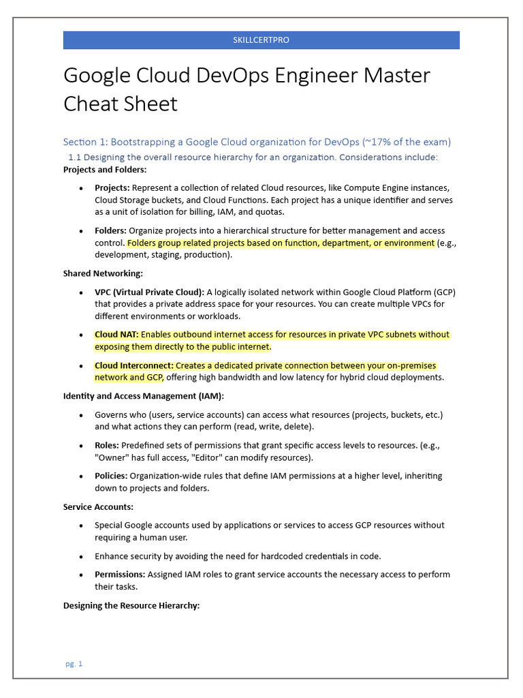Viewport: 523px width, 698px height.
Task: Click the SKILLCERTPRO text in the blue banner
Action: tap(261, 40)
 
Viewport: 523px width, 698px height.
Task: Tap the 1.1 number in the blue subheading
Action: tap(75, 157)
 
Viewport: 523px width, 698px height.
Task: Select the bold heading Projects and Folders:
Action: tap(105, 170)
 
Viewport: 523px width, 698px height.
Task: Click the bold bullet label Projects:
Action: tap(112, 187)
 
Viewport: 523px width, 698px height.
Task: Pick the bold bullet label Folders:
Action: tap(110, 230)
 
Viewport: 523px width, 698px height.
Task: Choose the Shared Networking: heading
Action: tap(103, 273)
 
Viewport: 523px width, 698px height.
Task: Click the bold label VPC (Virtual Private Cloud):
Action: tap(149, 292)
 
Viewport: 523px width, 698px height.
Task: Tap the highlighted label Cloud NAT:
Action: tap(116, 335)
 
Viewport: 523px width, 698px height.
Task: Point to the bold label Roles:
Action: tap(107, 445)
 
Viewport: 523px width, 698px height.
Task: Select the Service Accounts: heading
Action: tap(98, 507)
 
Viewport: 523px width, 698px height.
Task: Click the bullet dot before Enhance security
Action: tap(82, 556)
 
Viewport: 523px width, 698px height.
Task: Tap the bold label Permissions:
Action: tap(120, 575)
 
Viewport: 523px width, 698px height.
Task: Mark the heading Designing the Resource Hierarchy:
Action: tap(131, 605)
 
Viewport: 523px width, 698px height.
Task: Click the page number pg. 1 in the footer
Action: tap(74, 663)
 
